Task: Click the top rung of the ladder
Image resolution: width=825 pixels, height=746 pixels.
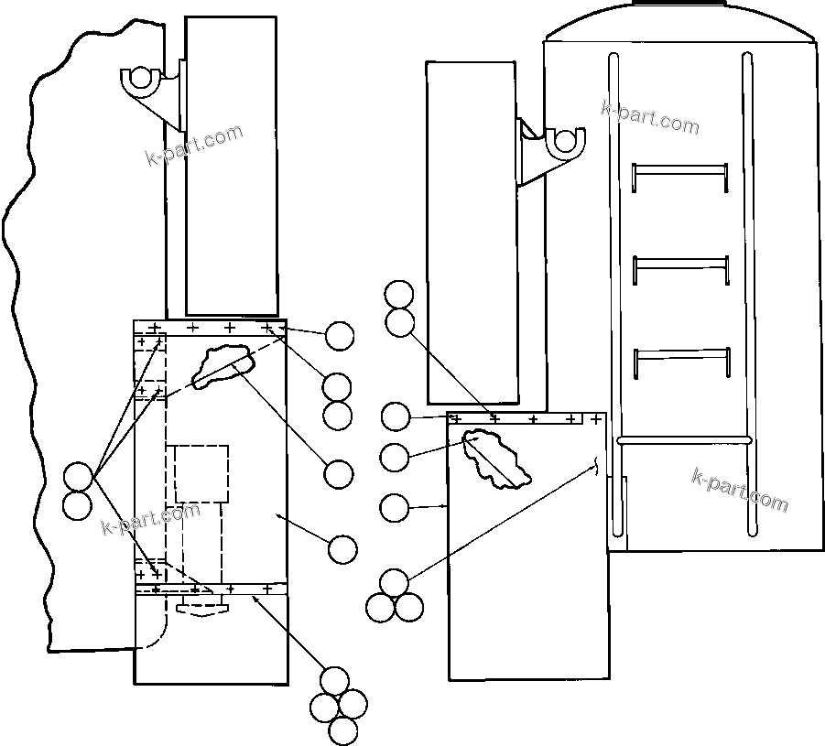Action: pyautogui.click(x=680, y=168)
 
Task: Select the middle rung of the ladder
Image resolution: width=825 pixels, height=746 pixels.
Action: pyautogui.click(x=680, y=261)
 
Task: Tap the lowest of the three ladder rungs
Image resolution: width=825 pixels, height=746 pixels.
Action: pyautogui.click(x=680, y=351)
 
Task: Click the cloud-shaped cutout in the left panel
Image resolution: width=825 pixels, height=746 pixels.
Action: pyautogui.click(x=222, y=363)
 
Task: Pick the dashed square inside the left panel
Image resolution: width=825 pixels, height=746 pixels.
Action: pyautogui.click(x=201, y=473)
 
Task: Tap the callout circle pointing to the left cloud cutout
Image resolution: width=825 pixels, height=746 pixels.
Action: pyautogui.click(x=339, y=474)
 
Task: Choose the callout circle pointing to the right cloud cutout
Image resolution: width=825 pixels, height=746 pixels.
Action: pyautogui.click(x=395, y=457)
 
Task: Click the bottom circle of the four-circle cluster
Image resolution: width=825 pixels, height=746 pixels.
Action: pyautogui.click(x=342, y=730)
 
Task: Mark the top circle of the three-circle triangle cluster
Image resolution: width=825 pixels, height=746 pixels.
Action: pyautogui.click(x=394, y=582)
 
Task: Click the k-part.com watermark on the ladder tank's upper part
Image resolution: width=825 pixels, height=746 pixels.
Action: pyautogui.click(x=650, y=116)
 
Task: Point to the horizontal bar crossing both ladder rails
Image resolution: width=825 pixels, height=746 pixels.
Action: pyautogui.click(x=684, y=439)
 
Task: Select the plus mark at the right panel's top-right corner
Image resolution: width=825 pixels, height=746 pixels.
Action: pyautogui.click(x=596, y=419)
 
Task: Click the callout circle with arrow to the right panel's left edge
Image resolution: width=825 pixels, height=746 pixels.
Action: pyautogui.click(x=395, y=506)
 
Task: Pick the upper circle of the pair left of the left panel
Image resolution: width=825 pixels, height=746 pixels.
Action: pyautogui.click(x=78, y=477)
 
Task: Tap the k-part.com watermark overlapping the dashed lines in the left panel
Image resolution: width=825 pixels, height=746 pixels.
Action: pyautogui.click(x=149, y=519)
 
